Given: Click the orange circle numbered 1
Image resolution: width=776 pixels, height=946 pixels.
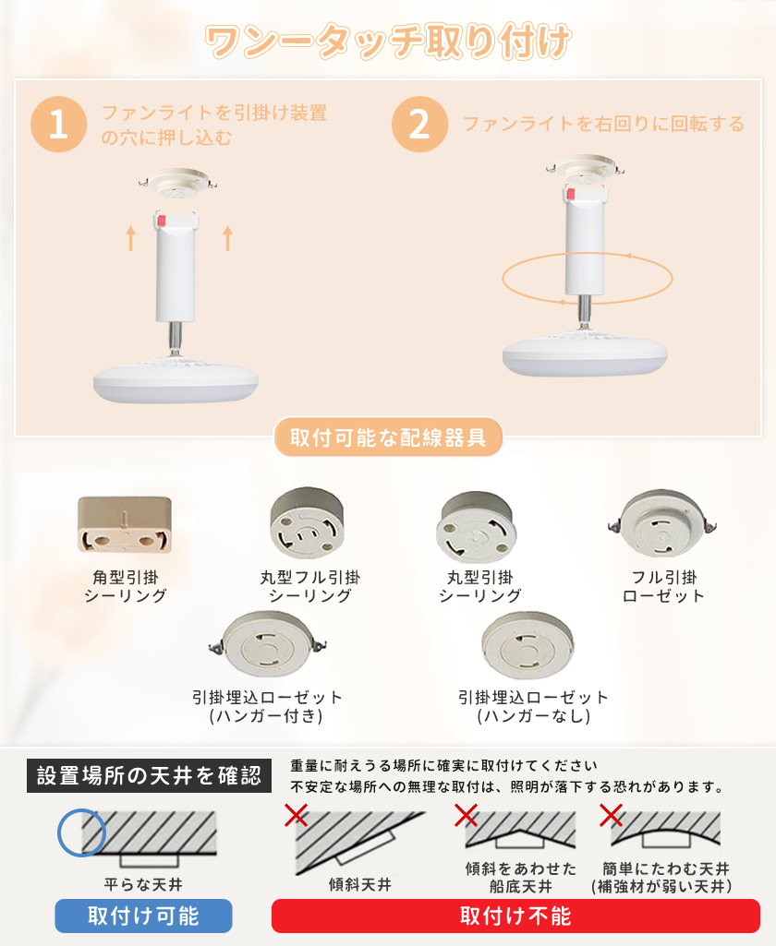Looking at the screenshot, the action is tap(58, 125).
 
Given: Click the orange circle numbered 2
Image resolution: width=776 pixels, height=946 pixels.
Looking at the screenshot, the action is tap(419, 125).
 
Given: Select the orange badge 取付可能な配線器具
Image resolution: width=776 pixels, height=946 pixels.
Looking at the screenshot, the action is tap(388, 437).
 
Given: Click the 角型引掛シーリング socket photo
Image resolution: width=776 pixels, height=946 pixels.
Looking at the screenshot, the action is tap(125, 525).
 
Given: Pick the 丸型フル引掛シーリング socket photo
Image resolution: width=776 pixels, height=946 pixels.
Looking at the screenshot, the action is tap(308, 523).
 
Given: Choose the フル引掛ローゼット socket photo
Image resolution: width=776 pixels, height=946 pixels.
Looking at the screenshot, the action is tap(661, 523).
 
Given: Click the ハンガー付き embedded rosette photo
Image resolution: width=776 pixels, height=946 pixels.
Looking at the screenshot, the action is tap(267, 644).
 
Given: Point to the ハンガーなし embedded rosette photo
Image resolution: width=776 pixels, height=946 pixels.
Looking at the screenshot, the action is tap(527, 645).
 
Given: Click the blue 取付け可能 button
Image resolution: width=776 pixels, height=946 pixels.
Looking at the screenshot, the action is tap(143, 916).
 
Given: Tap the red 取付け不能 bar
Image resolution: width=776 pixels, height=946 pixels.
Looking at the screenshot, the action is tap(515, 916).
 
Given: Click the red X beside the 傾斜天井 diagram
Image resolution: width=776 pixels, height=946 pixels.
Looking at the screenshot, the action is tap(296, 815).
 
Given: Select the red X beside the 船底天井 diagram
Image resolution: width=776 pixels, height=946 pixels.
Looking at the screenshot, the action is tap(467, 815).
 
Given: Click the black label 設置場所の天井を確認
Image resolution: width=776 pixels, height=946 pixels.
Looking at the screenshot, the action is tap(149, 776).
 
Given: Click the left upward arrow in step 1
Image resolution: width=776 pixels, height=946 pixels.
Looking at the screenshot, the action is tap(130, 238).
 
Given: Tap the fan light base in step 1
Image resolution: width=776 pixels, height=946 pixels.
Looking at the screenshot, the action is tap(176, 379).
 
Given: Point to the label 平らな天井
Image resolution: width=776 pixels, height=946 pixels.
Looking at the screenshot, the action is tap(143, 884).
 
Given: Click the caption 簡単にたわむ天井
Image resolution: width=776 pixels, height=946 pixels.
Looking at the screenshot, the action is tap(665, 868).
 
